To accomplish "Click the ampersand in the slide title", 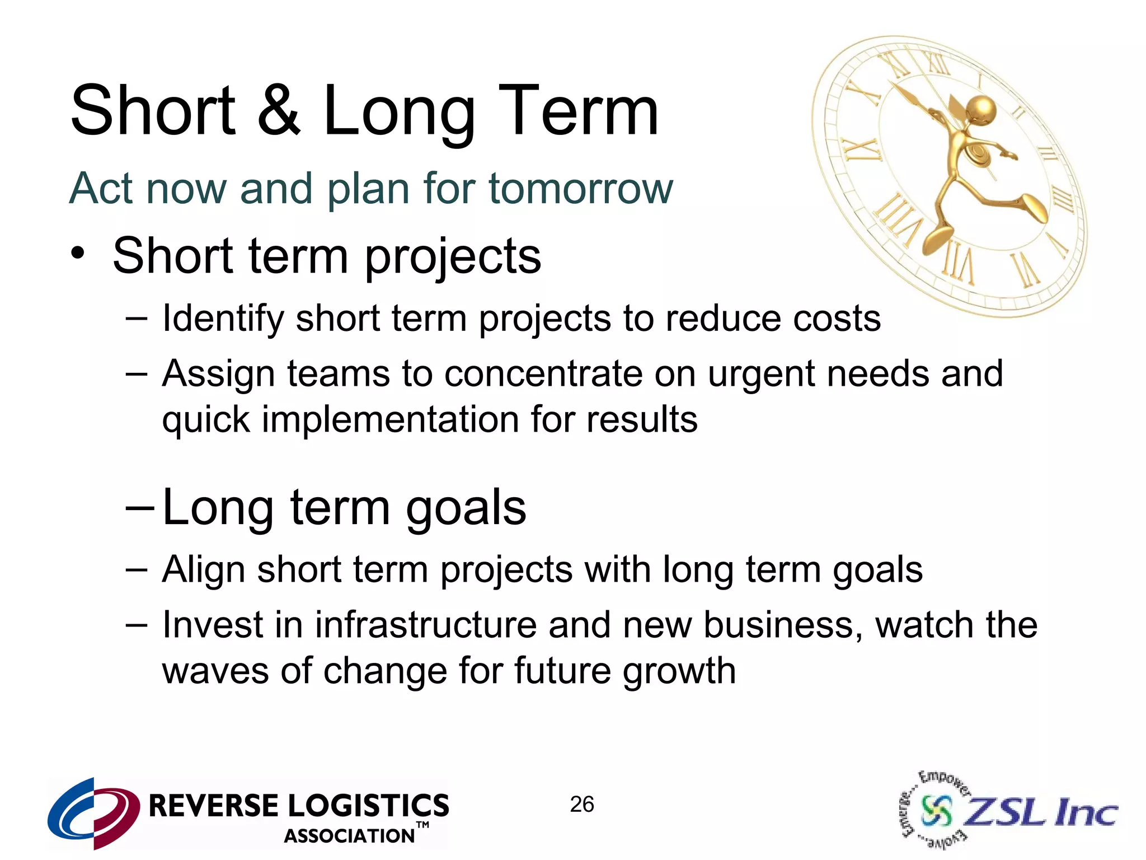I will [278, 110].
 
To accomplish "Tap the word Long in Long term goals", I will [219, 507].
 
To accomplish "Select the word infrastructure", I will [425, 625].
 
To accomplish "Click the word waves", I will [215, 671].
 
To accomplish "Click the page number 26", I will [581, 805].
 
